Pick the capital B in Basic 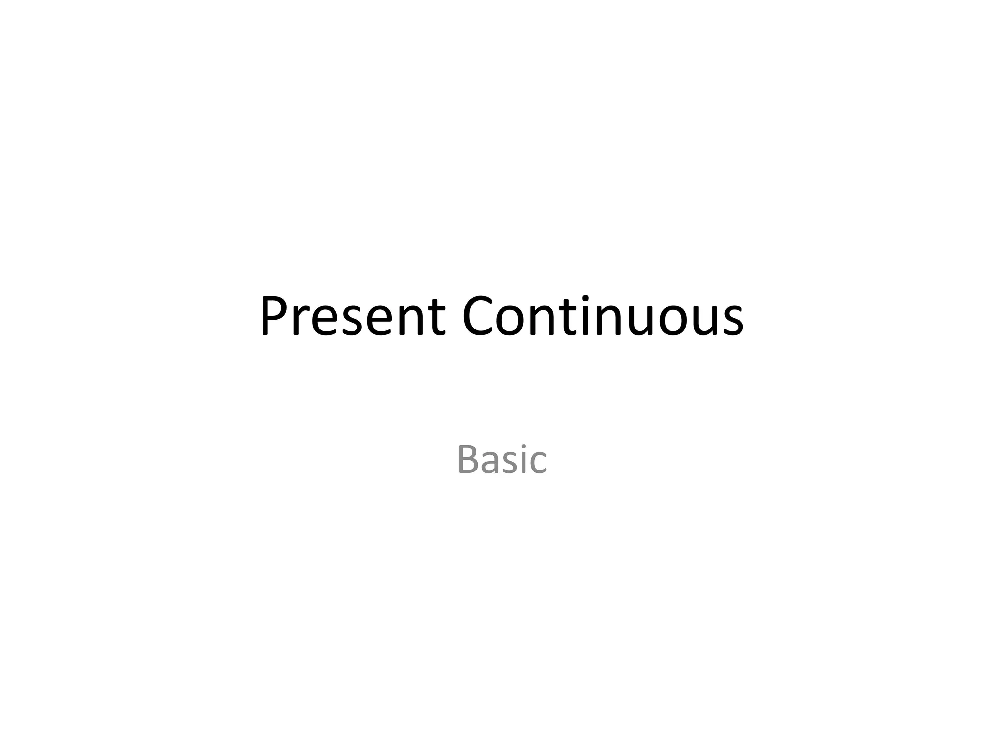pos(467,459)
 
